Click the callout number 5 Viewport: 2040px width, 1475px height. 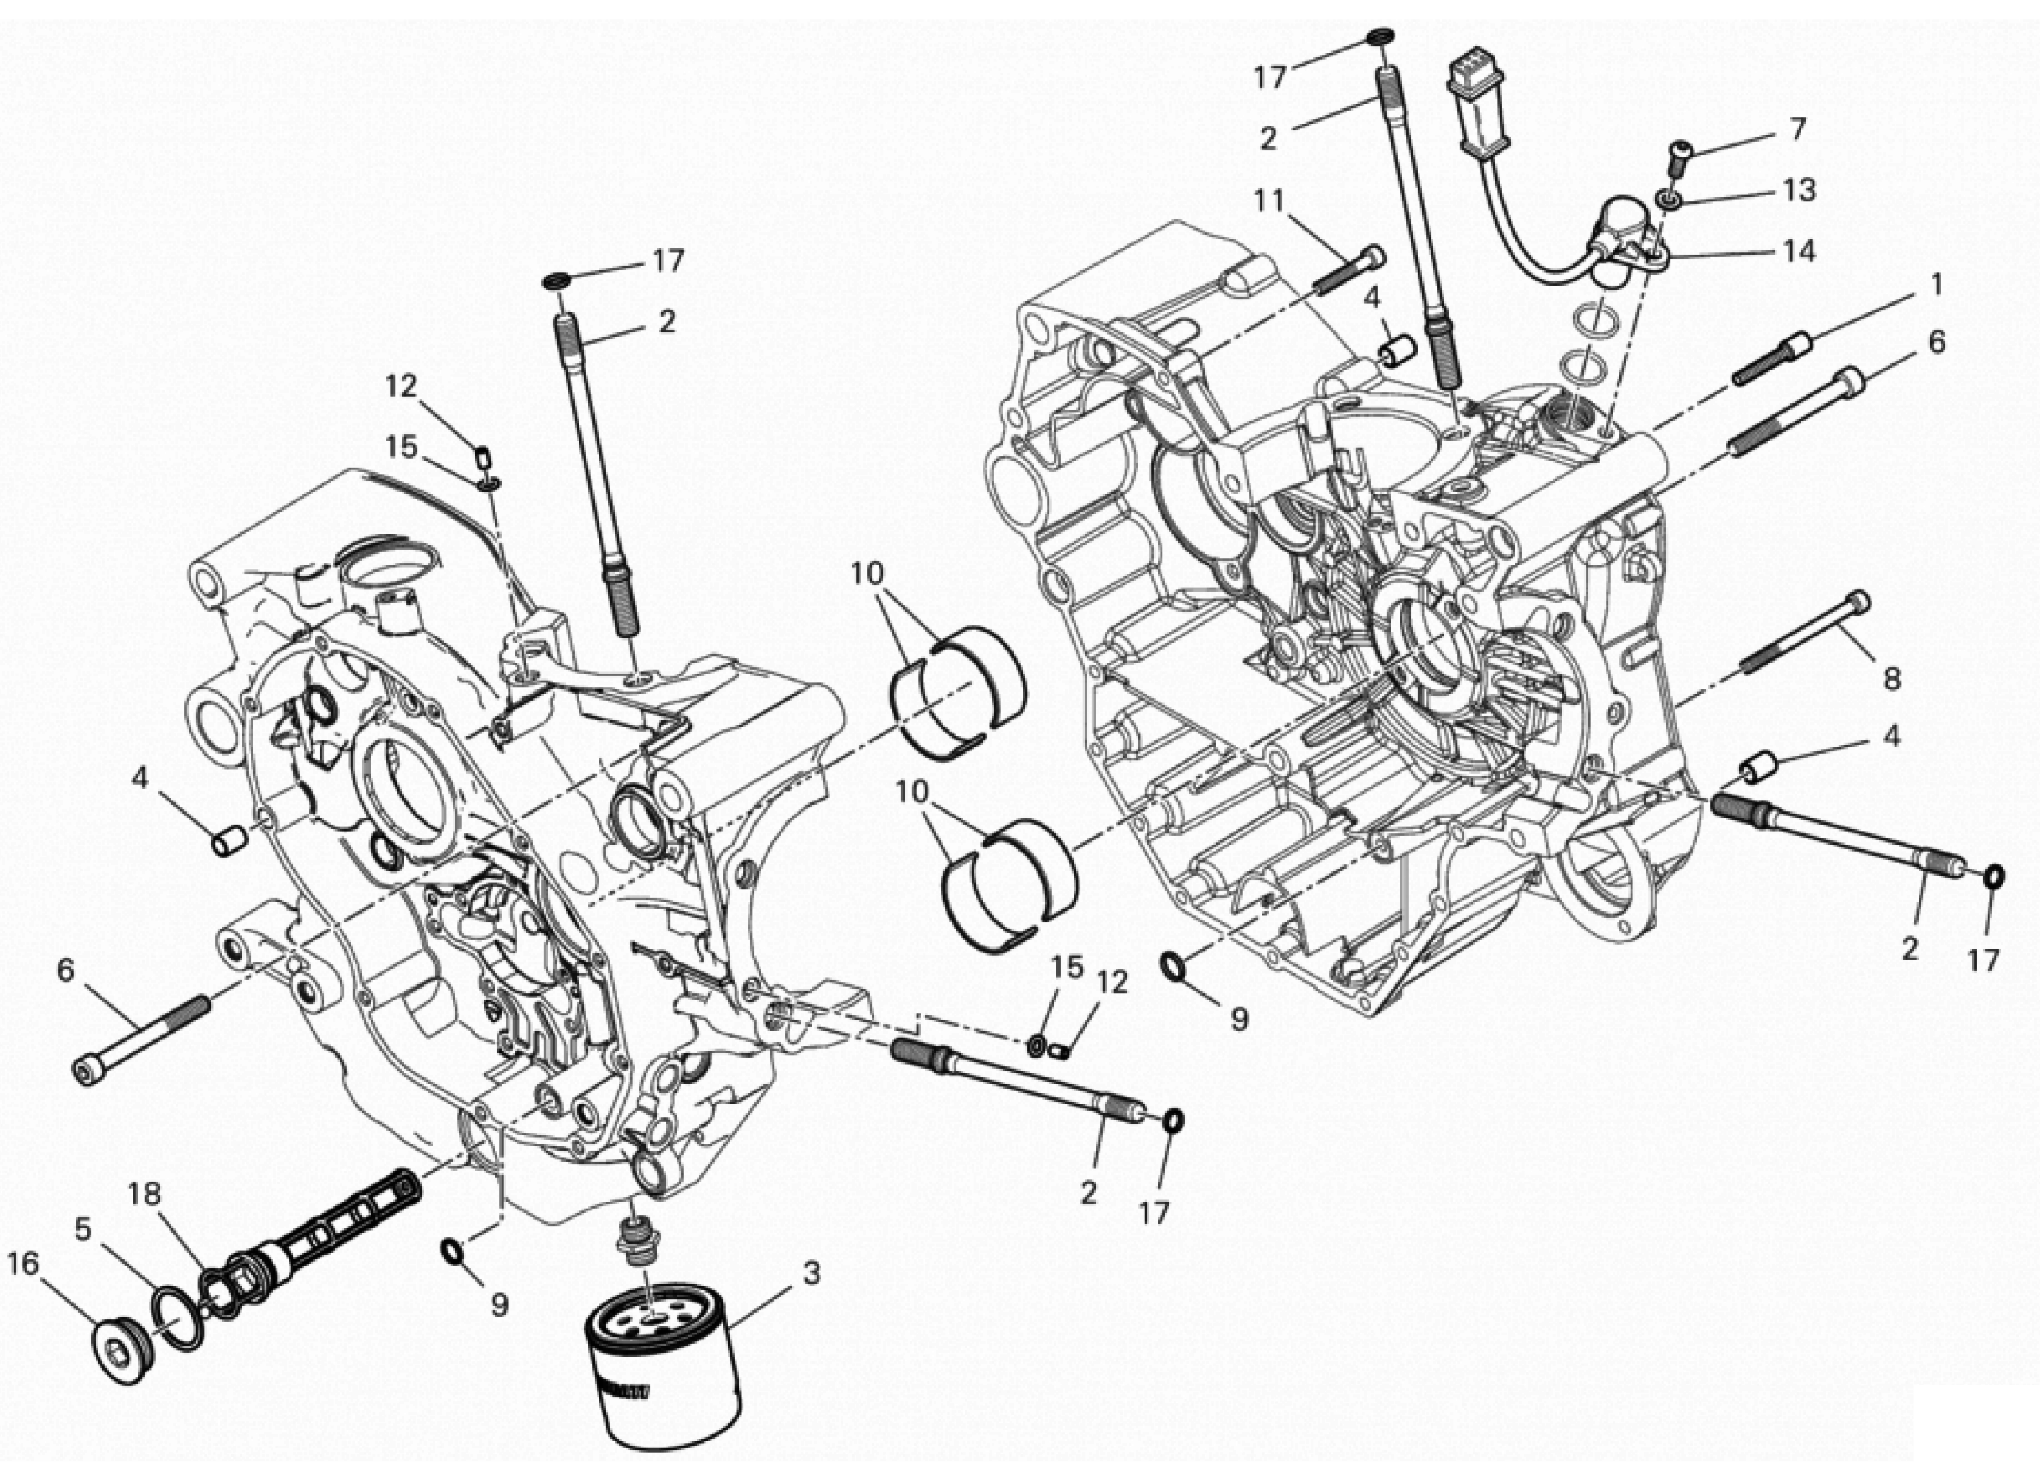(83, 1229)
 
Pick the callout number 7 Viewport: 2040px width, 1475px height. (1796, 130)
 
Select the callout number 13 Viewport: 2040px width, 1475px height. (1799, 190)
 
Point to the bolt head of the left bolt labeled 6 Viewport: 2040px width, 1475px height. (85, 1073)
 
